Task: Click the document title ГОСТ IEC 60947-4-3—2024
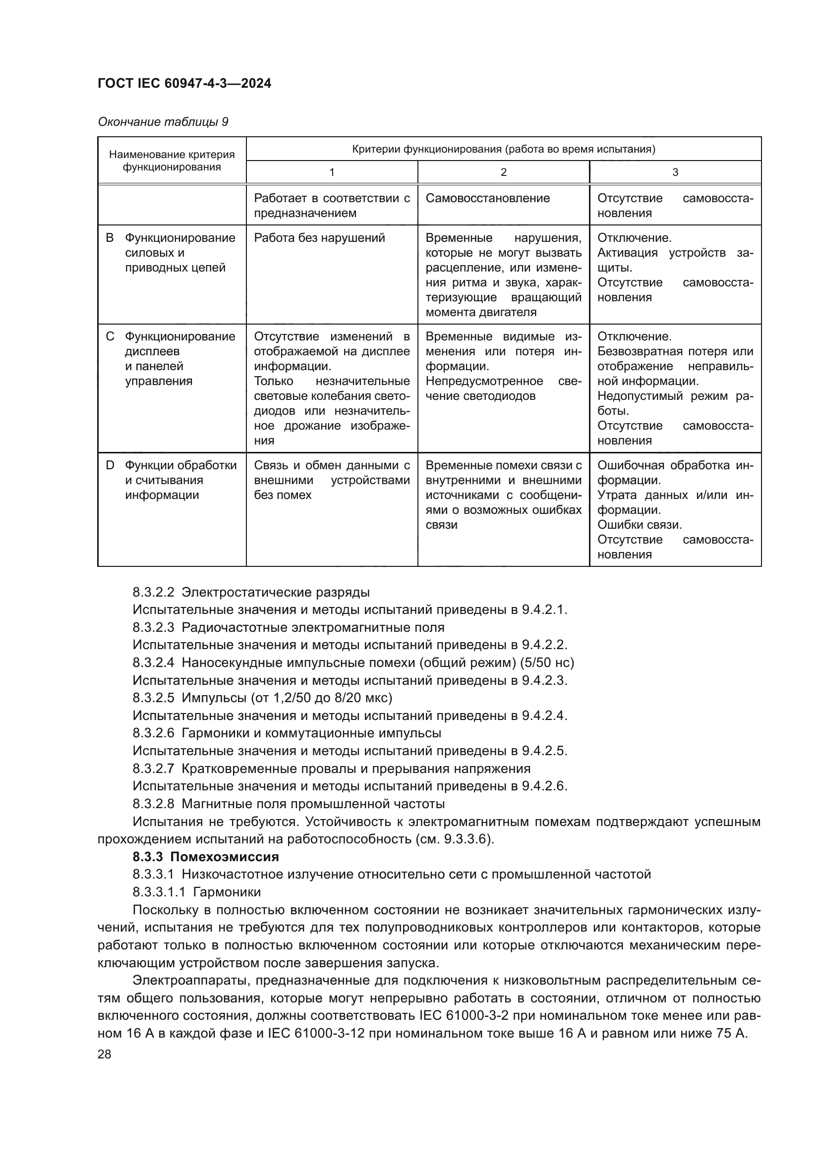pyautogui.click(x=184, y=83)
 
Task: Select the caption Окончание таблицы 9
pyautogui.click(x=163, y=122)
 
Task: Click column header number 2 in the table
pyautogui.click(x=503, y=172)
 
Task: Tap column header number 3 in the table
pyautogui.click(x=675, y=172)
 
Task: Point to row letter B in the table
pyautogui.click(x=110, y=238)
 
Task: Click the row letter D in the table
pyautogui.click(x=110, y=465)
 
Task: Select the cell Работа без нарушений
pyautogui.click(x=319, y=238)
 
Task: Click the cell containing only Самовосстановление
pyautogui.click(x=487, y=198)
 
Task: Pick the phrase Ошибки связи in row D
pyautogui.click(x=639, y=525)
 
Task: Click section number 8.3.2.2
pyautogui.click(x=153, y=592)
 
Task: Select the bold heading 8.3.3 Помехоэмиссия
pyautogui.click(x=206, y=857)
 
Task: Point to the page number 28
pyautogui.click(x=104, y=1054)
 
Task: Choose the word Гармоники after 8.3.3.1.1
pyautogui.click(x=227, y=892)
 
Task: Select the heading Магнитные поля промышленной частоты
pyautogui.click(x=313, y=804)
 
